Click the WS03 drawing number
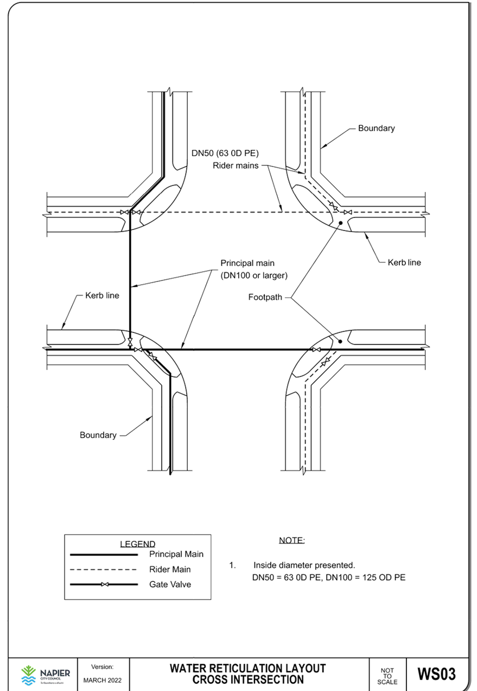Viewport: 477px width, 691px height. (436, 674)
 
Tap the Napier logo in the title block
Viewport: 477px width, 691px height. (45, 674)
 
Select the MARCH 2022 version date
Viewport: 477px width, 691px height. (103, 680)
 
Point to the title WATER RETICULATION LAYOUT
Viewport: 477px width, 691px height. (247, 668)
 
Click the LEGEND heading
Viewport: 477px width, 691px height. (137, 544)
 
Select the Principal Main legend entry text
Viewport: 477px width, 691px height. (176, 554)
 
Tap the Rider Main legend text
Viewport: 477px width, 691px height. (170, 570)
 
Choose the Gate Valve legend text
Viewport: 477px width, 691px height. (170, 585)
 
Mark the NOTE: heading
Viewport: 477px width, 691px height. (291, 541)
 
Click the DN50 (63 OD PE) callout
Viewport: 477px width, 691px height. (224, 153)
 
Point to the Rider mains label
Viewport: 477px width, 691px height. (236, 166)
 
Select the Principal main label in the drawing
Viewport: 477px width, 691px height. (247, 264)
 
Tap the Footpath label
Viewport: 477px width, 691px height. (265, 297)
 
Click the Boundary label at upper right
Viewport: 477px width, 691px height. (376, 129)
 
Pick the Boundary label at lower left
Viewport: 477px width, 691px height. (98, 435)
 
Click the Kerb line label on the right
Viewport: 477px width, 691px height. (404, 263)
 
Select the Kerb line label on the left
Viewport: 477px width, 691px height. (101, 296)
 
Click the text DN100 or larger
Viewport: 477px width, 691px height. (254, 276)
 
